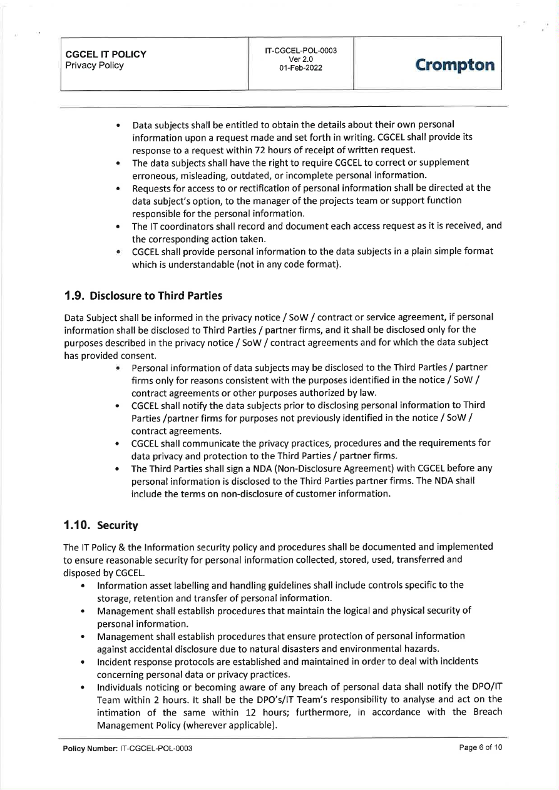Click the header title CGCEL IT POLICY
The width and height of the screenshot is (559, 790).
pyautogui.click(x=106, y=54)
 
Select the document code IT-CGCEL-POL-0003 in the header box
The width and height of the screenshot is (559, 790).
pyautogui.click(x=301, y=50)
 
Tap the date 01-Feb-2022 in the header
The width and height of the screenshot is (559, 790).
pyautogui.click(x=301, y=68)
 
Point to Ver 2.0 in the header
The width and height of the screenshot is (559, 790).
pyautogui.click(x=301, y=59)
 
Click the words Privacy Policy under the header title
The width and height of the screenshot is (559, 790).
pyautogui.click(x=95, y=65)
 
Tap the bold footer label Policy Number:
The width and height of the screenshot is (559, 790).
pyautogui.click(x=88, y=749)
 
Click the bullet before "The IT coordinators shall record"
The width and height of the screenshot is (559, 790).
pyautogui.click(x=118, y=226)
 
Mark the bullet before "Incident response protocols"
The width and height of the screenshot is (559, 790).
pyautogui.click(x=83, y=661)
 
